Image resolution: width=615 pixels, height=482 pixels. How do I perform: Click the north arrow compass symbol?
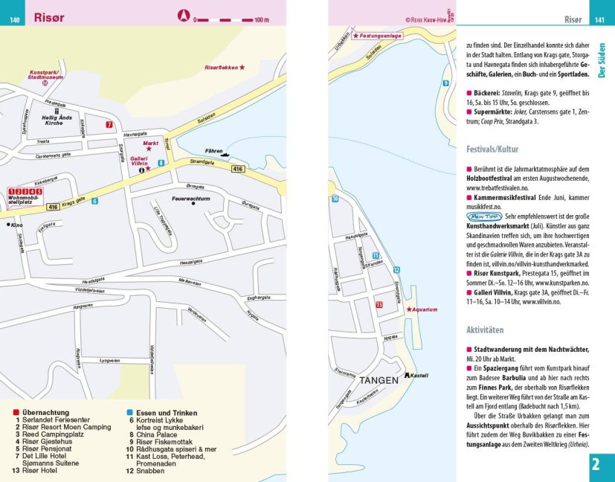coord(184,14)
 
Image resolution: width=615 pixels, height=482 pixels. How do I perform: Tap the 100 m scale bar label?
coord(261,20)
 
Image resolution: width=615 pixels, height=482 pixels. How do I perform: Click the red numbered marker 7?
coord(109,124)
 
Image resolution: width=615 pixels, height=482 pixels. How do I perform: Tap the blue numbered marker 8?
coord(161,162)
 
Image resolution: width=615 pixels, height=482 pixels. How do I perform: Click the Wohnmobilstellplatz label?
coord(24,200)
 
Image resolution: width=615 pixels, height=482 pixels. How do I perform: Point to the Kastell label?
coord(420,376)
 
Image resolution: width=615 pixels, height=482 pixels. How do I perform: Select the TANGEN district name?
coord(379,380)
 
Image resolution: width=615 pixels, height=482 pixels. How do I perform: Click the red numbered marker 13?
coord(379,304)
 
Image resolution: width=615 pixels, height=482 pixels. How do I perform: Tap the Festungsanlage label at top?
coord(379,36)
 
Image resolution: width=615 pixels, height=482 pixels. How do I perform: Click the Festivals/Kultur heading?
coord(492,149)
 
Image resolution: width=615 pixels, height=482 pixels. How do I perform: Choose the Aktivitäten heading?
coord(485,330)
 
